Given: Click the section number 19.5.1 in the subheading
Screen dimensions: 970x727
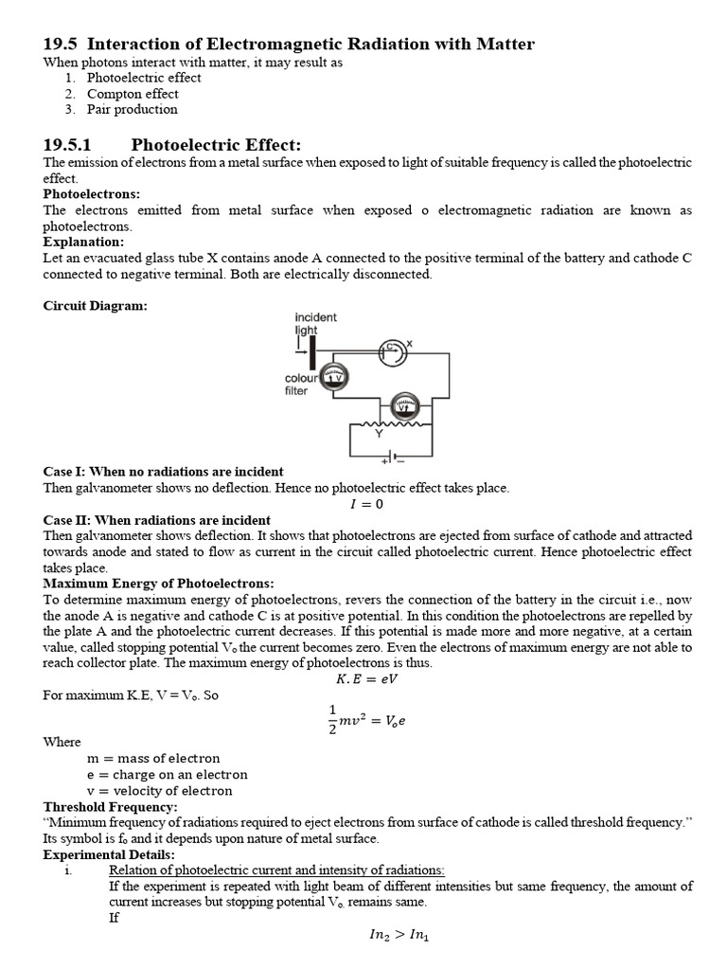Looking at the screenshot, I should point(70,145).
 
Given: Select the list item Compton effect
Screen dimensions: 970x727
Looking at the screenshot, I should point(132,94).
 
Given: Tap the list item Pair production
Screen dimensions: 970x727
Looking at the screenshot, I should point(132,109).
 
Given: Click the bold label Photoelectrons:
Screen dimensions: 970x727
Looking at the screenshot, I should point(92,194).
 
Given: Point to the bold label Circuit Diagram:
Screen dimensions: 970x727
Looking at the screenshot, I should point(96,306).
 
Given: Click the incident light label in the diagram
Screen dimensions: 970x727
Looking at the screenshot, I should point(315,324).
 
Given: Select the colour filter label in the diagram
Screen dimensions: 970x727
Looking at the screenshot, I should point(303,384).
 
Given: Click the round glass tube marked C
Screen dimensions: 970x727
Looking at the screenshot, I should point(392,350).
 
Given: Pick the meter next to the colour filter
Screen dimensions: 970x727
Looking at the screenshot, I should point(335,377).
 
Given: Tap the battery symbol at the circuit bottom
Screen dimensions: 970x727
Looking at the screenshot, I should point(392,458).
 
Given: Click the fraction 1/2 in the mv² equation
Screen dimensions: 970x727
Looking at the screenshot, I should point(331,718).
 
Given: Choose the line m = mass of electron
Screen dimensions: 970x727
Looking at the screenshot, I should point(153,758).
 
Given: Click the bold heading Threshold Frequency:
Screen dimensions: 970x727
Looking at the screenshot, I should point(111,806).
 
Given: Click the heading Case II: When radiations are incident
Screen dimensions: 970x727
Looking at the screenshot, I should point(157,520).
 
